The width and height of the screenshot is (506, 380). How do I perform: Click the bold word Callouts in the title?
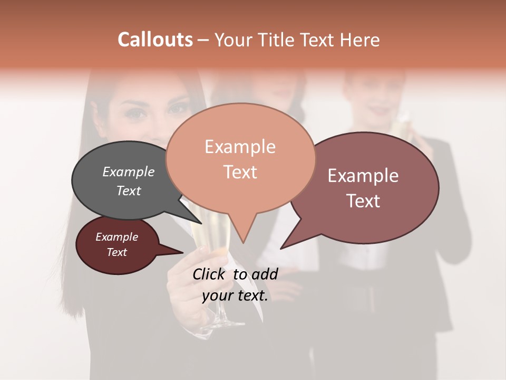pyautogui.click(x=155, y=40)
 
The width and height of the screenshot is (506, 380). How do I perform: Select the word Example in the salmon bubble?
pyautogui.click(x=240, y=147)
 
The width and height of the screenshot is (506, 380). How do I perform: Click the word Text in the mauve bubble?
pyautogui.click(x=363, y=201)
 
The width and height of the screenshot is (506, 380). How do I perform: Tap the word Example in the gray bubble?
pyautogui.click(x=129, y=172)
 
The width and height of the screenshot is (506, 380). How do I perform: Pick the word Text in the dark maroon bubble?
pyautogui.click(x=117, y=252)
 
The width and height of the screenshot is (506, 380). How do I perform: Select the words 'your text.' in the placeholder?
pyautogui.click(x=235, y=296)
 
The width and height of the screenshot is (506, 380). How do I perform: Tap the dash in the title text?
pyautogui.click(x=203, y=40)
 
